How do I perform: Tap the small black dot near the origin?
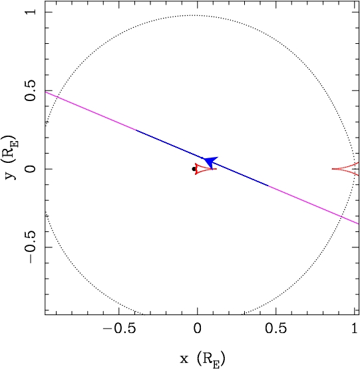[x=194, y=169]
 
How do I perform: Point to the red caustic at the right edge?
[x=345, y=169]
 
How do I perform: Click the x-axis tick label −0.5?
[x=119, y=328]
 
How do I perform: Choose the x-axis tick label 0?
[x=198, y=328]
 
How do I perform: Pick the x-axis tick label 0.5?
[x=276, y=328]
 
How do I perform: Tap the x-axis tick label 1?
[x=355, y=328]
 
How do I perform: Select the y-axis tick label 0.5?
[x=31, y=90]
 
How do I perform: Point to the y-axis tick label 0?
[x=31, y=169]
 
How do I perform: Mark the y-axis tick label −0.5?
[x=31, y=247]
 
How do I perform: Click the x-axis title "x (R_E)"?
[x=202, y=359]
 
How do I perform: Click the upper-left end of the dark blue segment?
[x=136, y=130]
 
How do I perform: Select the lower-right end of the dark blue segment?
[x=268, y=185]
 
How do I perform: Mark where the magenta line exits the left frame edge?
[x=45, y=92]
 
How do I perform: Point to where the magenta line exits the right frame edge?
[x=359, y=224]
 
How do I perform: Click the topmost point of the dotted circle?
[x=194, y=15]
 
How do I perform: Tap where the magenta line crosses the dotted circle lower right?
[x=341, y=216]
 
